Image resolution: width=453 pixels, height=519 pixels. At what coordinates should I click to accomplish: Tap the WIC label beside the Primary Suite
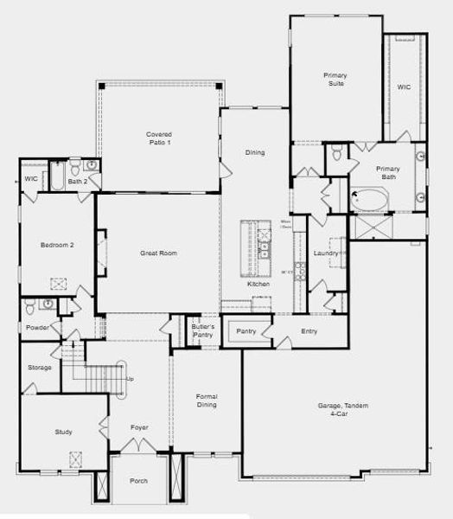pyautogui.click(x=404, y=87)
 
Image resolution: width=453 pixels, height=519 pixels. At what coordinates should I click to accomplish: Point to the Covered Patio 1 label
pyautogui.click(x=158, y=138)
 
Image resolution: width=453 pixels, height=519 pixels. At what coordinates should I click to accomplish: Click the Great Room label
pyautogui.click(x=158, y=253)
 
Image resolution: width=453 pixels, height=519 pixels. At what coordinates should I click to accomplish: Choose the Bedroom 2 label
pyautogui.click(x=57, y=245)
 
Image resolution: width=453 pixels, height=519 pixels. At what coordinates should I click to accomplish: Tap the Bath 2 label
pyautogui.click(x=77, y=182)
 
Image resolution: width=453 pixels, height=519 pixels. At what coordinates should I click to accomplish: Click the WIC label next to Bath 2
pyautogui.click(x=31, y=179)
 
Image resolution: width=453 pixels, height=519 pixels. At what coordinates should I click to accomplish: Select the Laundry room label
pyautogui.click(x=326, y=253)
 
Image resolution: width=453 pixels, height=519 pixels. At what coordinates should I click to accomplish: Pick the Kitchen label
pyautogui.click(x=258, y=284)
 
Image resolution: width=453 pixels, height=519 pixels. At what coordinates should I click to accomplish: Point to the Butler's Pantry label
pyautogui.click(x=202, y=330)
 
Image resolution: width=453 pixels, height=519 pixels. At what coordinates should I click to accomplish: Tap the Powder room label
pyautogui.click(x=37, y=328)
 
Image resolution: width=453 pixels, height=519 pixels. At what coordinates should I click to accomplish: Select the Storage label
pyautogui.click(x=40, y=368)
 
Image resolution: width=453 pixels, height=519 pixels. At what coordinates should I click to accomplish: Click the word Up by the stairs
pyautogui.click(x=131, y=379)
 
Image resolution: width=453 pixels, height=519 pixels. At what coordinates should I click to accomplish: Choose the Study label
pyautogui.click(x=62, y=432)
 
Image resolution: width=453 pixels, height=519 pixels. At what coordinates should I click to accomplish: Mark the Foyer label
pyautogui.click(x=139, y=427)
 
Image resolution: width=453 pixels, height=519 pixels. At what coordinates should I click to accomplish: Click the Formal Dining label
pyautogui.click(x=207, y=401)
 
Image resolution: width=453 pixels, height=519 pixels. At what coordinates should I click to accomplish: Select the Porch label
pyautogui.click(x=138, y=481)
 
